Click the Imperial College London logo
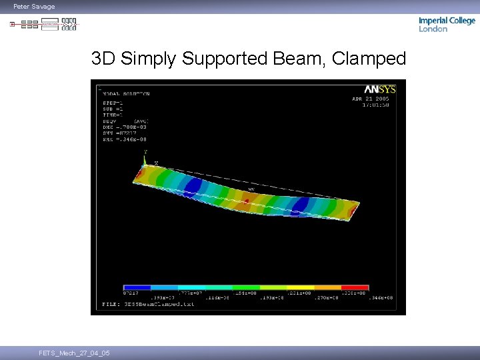[447, 25]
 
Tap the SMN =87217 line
[119, 133]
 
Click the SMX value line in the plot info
[124, 139]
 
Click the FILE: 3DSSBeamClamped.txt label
[148, 305]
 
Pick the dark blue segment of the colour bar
[137, 287]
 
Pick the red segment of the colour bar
[355, 287]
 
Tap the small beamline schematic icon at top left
[44, 25]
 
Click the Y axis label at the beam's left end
[145, 153]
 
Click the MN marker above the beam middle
[251, 189]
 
